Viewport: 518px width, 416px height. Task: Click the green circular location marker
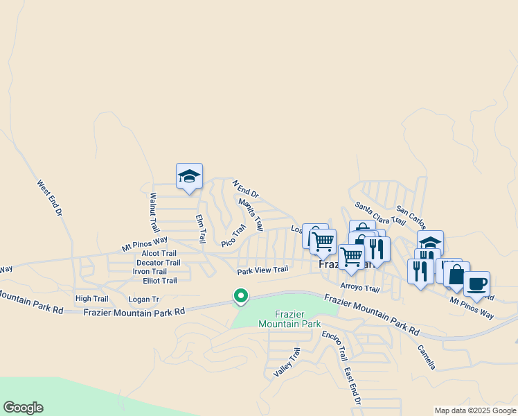pyautogui.click(x=241, y=296)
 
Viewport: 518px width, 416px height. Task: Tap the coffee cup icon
pyautogui.click(x=476, y=284)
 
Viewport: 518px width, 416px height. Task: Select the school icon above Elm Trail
pyautogui.click(x=189, y=176)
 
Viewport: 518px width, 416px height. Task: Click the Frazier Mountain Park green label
pyautogui.click(x=290, y=319)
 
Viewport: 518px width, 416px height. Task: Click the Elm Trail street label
pyautogui.click(x=200, y=229)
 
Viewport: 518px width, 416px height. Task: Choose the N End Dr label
pyautogui.click(x=245, y=188)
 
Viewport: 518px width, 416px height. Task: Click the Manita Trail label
pyautogui.click(x=251, y=214)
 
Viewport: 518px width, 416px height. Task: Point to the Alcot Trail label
pyautogui.click(x=159, y=254)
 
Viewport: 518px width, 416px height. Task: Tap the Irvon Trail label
pyautogui.click(x=150, y=272)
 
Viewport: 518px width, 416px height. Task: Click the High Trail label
pyautogui.click(x=92, y=299)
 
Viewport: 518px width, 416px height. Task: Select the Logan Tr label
pyautogui.click(x=144, y=300)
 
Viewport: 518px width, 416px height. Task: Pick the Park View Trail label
pyautogui.click(x=262, y=270)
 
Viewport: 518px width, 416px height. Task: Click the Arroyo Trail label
pyautogui.click(x=360, y=288)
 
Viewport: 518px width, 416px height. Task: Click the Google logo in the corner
pyautogui.click(x=23, y=408)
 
